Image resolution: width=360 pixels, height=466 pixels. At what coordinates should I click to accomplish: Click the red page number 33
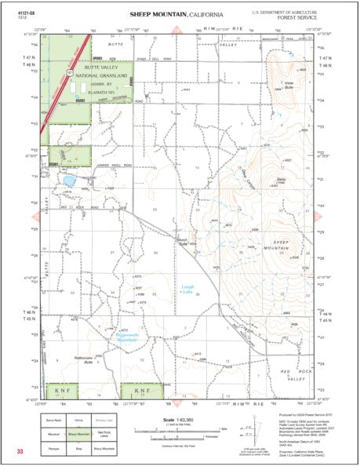click(18, 452)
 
